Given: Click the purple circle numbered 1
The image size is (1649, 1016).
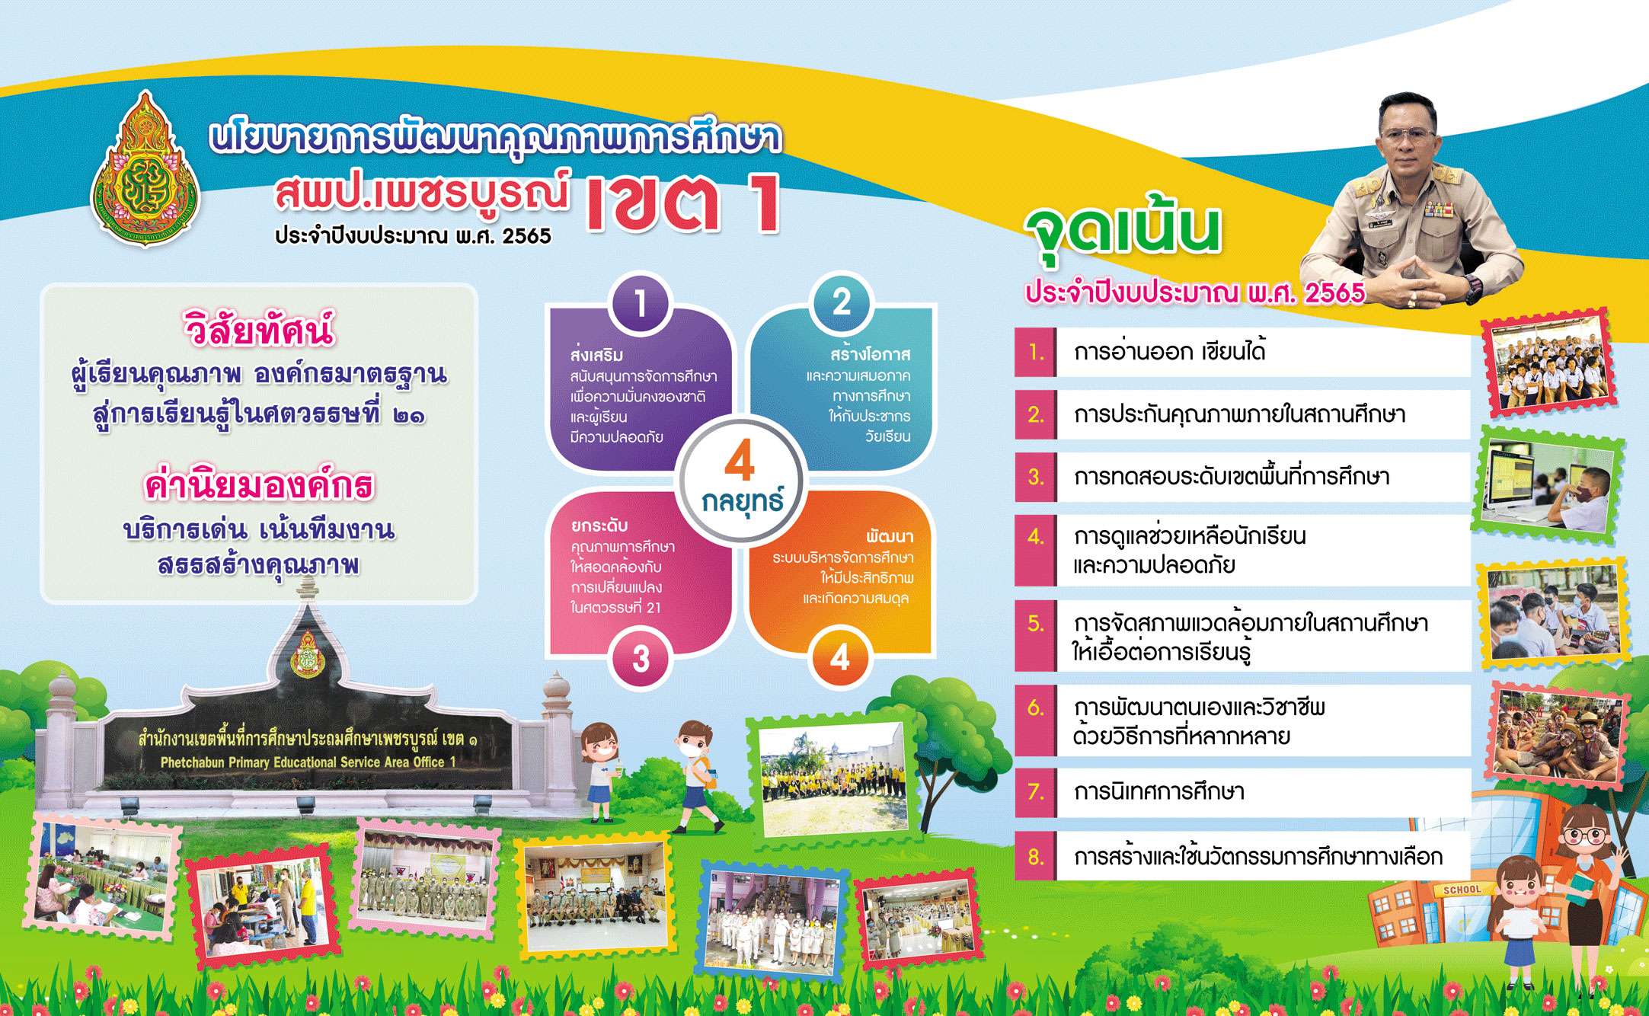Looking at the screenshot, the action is point(641,303).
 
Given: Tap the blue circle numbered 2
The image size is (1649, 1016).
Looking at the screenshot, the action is point(841,302).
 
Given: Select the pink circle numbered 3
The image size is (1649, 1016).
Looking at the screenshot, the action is point(641,659).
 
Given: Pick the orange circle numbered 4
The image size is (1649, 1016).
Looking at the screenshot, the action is point(839,657).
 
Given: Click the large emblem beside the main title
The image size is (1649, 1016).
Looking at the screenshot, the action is point(145,168).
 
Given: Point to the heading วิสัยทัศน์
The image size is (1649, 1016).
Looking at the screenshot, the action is point(259,329).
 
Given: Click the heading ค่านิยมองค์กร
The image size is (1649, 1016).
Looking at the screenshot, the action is point(259,485).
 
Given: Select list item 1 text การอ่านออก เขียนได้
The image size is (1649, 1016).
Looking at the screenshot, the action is point(1170,352).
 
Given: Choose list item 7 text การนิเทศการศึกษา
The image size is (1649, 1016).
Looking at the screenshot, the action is point(1159,792).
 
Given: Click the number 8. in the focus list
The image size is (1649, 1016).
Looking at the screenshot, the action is point(1036,857).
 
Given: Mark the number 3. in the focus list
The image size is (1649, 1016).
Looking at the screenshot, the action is point(1036,477).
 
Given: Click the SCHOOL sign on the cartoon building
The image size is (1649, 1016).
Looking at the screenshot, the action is point(1462,890).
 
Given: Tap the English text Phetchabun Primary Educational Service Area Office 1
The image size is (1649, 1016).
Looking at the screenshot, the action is point(308,762).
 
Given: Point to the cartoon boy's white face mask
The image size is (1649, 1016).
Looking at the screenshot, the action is point(691,749).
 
